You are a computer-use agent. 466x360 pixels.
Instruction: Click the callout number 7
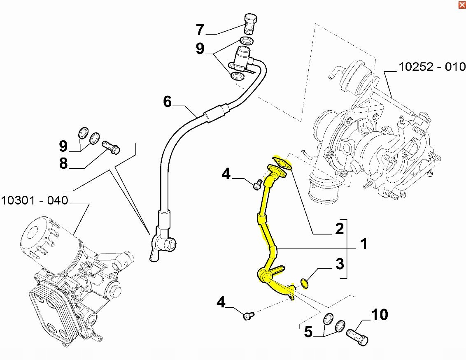pos(200,29)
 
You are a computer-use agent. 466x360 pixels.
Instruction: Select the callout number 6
pos(168,102)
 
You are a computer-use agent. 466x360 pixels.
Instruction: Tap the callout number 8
pos(63,163)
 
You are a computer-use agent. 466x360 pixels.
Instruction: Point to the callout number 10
pos(380,315)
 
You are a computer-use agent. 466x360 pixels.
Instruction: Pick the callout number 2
pos(339,228)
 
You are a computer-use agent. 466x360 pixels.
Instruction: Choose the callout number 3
pos(340,264)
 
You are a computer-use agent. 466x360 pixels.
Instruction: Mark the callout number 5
pos(308,332)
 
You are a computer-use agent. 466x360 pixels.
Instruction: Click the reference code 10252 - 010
pos(432,67)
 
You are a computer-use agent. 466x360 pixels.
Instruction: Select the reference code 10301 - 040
pos(35,200)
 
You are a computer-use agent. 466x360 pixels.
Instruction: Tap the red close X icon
pos(462,5)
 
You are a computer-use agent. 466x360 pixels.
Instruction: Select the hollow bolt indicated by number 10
pos(357,337)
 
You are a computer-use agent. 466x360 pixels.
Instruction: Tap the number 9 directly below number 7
pos(200,48)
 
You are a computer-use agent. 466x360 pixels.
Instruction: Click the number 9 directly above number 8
pos(63,146)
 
